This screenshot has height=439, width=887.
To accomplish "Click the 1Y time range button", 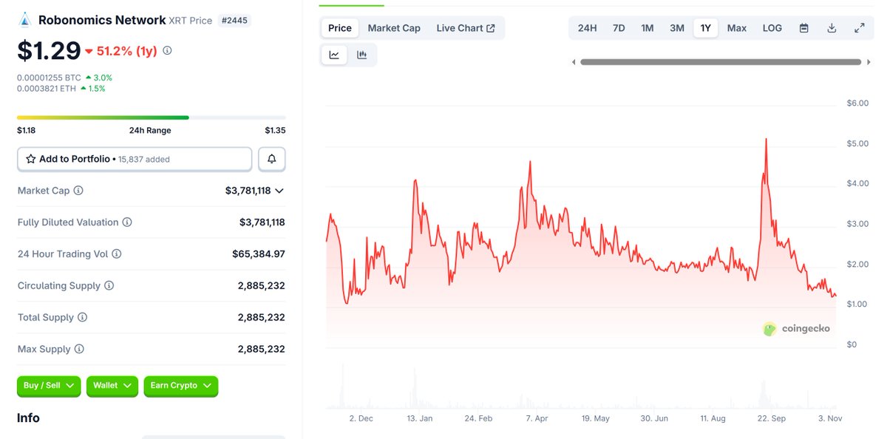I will [x=705, y=28].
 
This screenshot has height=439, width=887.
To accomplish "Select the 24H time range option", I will [x=587, y=28].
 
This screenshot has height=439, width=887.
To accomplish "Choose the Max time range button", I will [x=736, y=28].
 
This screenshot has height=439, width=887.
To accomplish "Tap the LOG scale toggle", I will [x=772, y=28].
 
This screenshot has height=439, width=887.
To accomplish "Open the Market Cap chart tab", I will [x=394, y=28].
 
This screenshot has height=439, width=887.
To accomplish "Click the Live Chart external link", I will [x=465, y=28].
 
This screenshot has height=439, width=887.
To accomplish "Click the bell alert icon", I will [x=272, y=159].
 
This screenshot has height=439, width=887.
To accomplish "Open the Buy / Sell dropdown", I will [x=49, y=386].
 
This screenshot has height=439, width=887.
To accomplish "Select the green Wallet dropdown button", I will [x=112, y=386].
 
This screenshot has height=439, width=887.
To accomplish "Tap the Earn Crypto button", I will [x=180, y=386].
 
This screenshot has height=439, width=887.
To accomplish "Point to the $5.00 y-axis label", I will [x=857, y=143].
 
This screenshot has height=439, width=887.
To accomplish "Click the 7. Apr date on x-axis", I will [x=537, y=418].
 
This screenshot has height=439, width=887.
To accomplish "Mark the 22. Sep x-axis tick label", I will [x=772, y=418].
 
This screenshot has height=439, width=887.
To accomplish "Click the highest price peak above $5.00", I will [x=766, y=139].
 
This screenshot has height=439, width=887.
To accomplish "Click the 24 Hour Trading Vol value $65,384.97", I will [x=258, y=254].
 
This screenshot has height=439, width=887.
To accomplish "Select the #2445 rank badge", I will [x=235, y=21].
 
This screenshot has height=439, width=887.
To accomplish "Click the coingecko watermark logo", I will [x=796, y=329].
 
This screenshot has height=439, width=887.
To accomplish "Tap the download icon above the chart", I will [x=832, y=28].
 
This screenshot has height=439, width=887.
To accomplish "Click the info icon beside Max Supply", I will [x=79, y=349].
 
